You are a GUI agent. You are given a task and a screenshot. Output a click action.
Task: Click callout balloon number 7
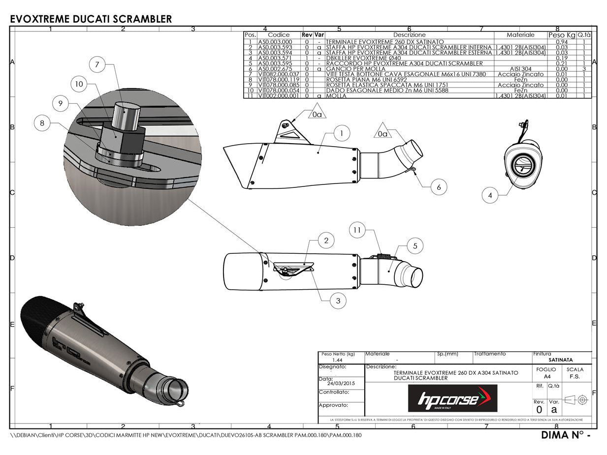point(97,64)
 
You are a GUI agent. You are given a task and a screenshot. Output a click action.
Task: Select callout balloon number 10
point(79,84)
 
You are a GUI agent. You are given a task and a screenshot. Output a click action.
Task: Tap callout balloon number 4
point(490,195)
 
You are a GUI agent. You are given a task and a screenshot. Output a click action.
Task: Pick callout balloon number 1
point(341,133)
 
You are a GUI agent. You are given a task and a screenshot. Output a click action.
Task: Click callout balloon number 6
point(439,187)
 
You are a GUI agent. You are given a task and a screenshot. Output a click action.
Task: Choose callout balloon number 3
point(338,301)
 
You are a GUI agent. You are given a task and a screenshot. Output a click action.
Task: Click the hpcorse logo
point(452,398)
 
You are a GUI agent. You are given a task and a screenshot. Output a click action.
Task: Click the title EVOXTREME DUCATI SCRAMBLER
point(91,19)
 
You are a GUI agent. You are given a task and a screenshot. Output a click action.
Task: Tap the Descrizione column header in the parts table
point(409,35)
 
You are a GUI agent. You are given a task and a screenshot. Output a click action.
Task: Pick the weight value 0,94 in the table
point(562,42)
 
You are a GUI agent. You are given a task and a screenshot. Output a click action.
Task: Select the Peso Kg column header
point(562,35)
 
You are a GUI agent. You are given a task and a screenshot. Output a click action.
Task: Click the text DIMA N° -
point(565,435)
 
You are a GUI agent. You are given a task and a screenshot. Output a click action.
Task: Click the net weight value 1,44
point(337,360)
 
